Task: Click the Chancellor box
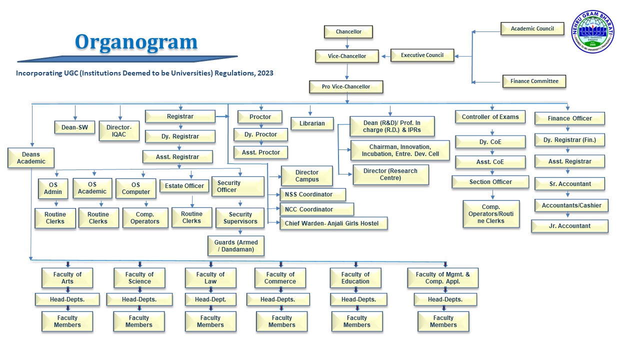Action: click(348, 31)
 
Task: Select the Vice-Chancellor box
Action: click(347, 56)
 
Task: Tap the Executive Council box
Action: click(422, 55)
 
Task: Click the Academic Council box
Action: click(532, 28)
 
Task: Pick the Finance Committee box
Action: click(533, 81)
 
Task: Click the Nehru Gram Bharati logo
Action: click(592, 31)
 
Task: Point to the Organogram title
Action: click(136, 41)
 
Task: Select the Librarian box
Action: click(312, 123)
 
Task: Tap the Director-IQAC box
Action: click(119, 131)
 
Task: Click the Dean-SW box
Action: click(74, 127)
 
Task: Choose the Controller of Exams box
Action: click(490, 117)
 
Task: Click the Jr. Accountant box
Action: click(569, 226)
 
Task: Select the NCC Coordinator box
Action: click(316, 209)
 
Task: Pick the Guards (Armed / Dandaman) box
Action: click(236, 246)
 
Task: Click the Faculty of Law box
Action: click(210, 278)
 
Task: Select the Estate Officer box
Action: click(184, 186)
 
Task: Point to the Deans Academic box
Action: click(31, 158)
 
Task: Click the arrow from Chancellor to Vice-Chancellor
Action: click(347, 44)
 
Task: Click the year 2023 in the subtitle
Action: click(265, 73)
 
